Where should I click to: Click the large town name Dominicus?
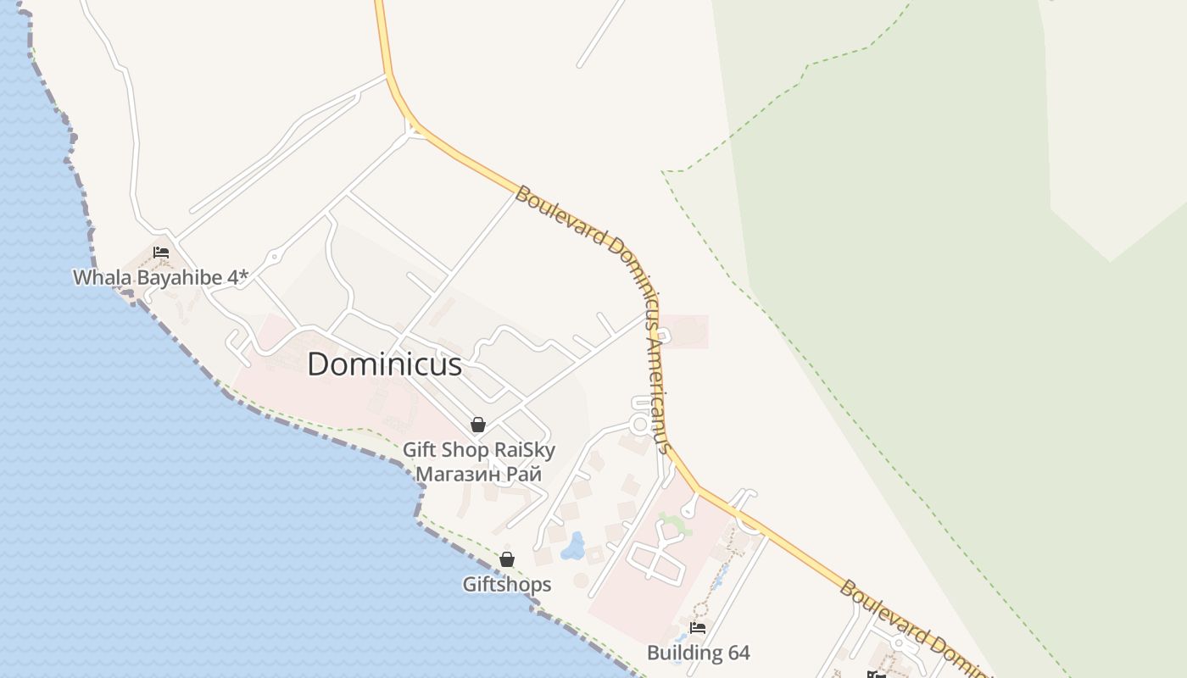384,364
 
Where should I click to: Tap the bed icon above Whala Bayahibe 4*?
161,253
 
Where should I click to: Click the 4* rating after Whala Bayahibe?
240,277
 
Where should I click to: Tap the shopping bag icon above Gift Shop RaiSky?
478,425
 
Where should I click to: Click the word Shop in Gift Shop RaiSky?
462,450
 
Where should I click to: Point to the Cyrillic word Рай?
524,474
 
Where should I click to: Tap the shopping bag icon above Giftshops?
507,559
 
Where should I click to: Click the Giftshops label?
507,584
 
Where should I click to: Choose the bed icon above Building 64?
698,628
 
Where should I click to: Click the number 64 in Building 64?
738,653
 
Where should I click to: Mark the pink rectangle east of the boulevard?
685,331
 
